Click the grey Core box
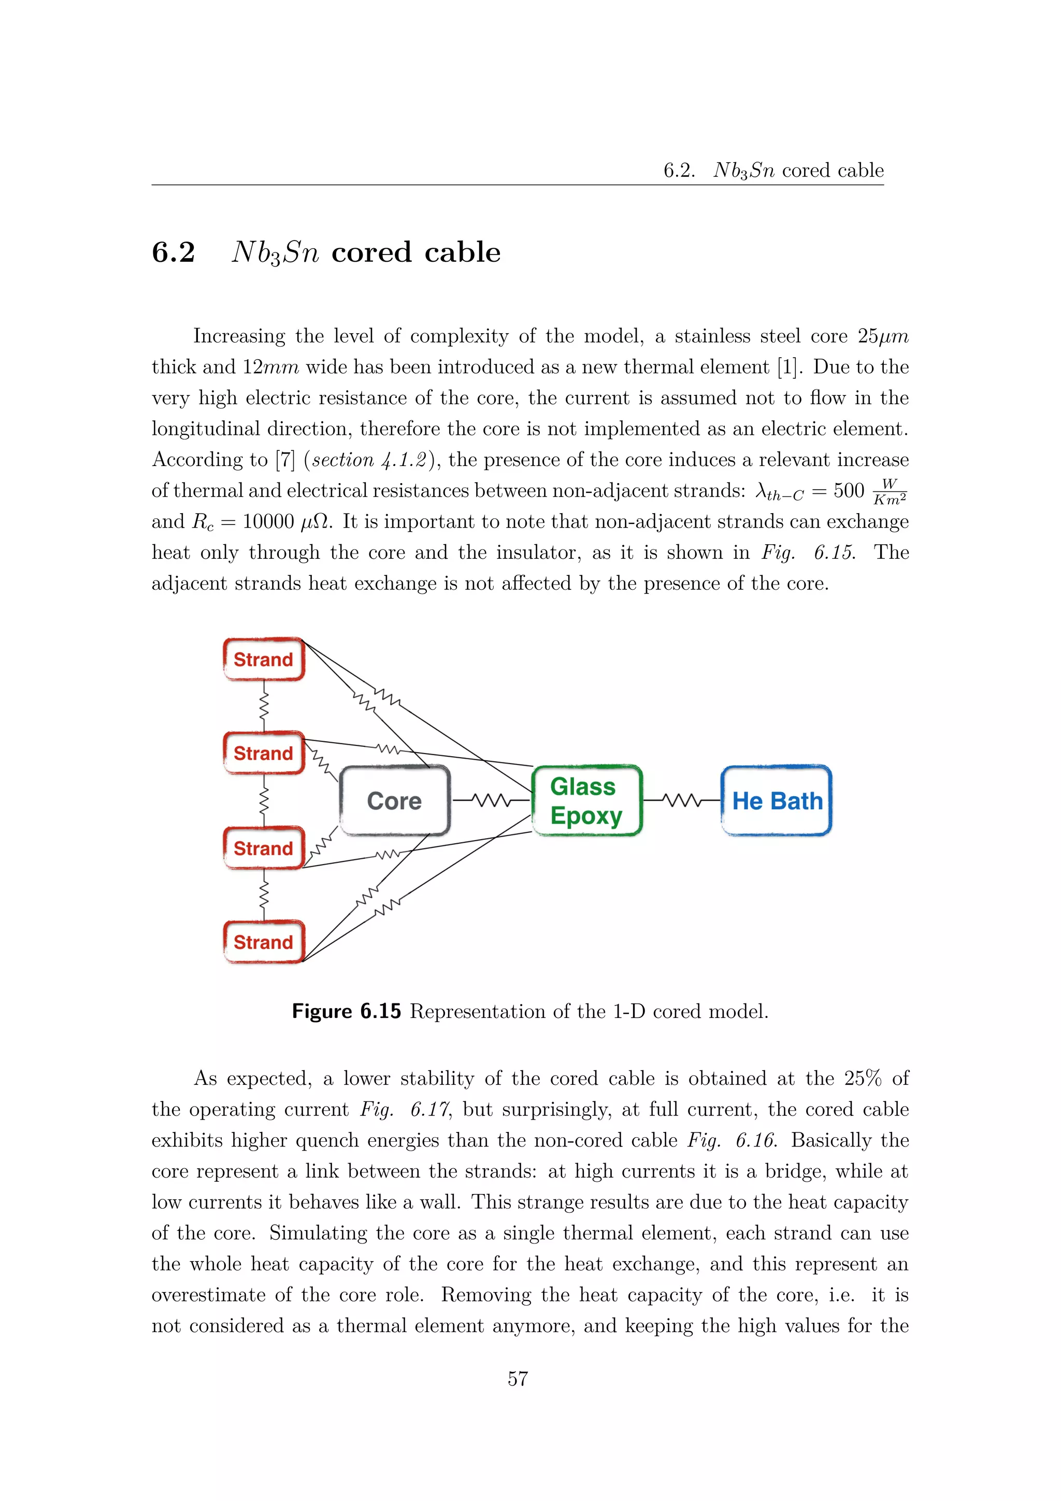coord(395,800)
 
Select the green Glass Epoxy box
coord(586,800)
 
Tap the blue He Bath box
coord(776,800)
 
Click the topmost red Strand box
coord(264,659)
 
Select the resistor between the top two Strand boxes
coord(264,706)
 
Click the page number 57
coord(518,1378)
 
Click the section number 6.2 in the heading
coord(173,252)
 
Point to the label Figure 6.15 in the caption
coord(346,1011)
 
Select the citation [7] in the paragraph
coord(285,460)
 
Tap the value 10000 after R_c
coord(268,522)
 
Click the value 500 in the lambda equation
coord(849,490)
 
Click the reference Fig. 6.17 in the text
coord(405,1109)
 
